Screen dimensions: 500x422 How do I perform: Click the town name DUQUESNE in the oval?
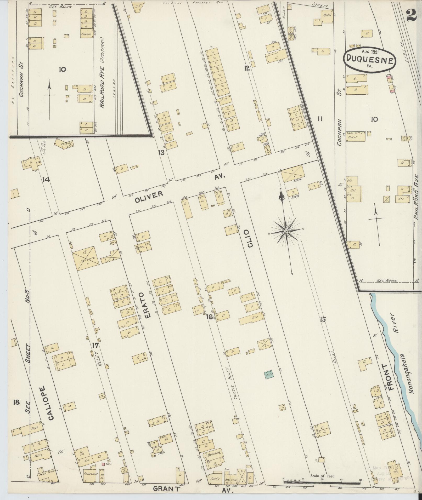tap(369, 60)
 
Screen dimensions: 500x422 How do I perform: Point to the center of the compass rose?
tap(286, 231)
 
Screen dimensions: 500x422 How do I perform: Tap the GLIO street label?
tap(250, 239)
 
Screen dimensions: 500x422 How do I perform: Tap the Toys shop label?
tap(34, 428)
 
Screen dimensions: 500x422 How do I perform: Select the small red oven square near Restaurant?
tap(103, 464)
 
